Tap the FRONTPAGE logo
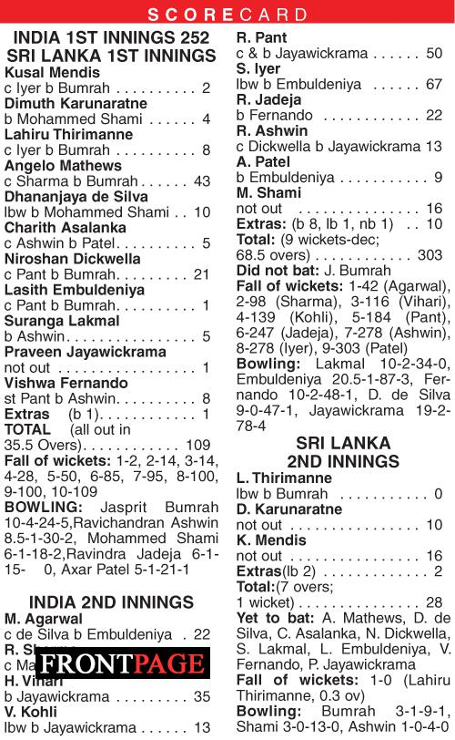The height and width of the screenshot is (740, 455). click(x=122, y=663)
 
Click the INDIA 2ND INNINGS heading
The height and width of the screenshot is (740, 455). click(x=112, y=601)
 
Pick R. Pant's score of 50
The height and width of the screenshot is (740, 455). click(x=433, y=54)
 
